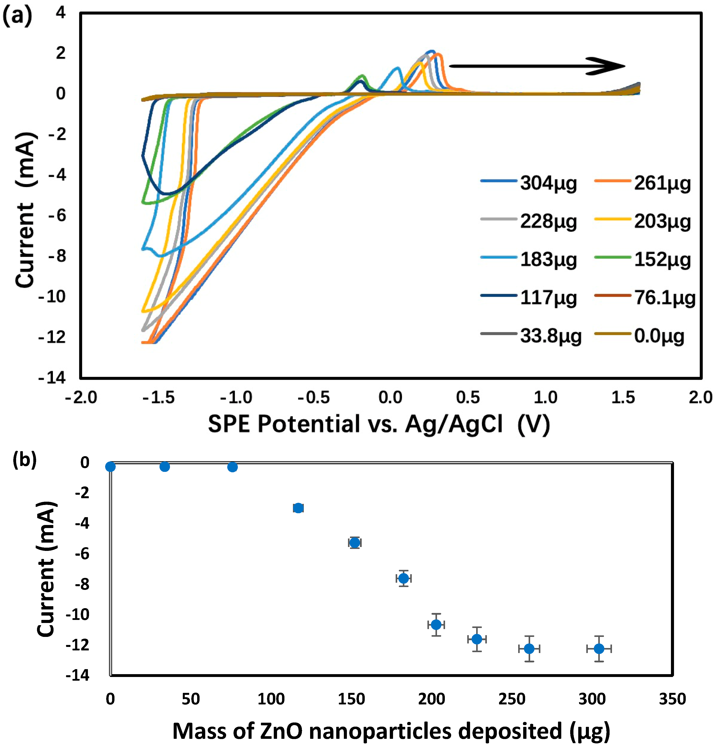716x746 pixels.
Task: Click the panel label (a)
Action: click(x=17, y=16)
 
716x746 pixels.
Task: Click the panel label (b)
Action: click(x=25, y=460)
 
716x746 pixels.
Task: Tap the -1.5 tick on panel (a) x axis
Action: click(x=159, y=398)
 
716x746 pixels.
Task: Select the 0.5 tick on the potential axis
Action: click(x=468, y=398)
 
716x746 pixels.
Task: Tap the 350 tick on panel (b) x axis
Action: click(x=672, y=699)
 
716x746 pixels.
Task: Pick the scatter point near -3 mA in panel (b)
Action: click(x=298, y=508)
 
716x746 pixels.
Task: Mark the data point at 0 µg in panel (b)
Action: click(x=110, y=467)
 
